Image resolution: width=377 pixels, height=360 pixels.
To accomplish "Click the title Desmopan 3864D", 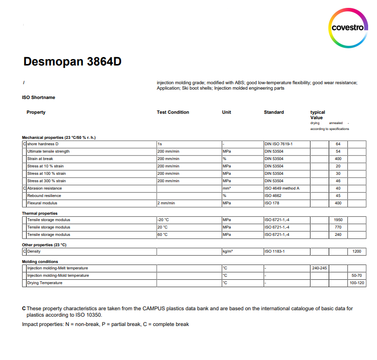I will pyautogui.click(x=72, y=62).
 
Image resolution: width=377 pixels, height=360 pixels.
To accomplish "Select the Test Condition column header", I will pyautogui.click(x=172, y=112).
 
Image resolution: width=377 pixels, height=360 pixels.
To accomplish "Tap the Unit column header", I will pyautogui.click(x=227, y=112).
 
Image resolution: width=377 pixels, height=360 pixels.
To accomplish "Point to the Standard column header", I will pyautogui.click(x=274, y=112).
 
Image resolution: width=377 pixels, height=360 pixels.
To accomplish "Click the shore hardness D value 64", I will pyautogui.click(x=338, y=144).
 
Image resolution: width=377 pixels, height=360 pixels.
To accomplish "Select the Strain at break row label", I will pyautogui.click(x=40, y=159).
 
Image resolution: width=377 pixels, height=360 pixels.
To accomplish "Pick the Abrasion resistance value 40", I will pyautogui.click(x=338, y=188).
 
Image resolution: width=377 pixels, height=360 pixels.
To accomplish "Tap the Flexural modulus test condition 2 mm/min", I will pyautogui.click(x=166, y=203).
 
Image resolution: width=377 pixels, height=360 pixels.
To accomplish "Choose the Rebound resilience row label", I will pyautogui.click(x=44, y=196).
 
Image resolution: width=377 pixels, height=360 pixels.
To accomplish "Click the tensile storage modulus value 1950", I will pyautogui.click(x=338, y=220).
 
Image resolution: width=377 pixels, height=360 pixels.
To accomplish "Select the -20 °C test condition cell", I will pyautogui.click(x=163, y=220).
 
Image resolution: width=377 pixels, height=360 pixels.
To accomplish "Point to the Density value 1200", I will pyautogui.click(x=357, y=251).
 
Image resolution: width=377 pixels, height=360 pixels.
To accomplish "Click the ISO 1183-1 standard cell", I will pyautogui.click(x=274, y=251).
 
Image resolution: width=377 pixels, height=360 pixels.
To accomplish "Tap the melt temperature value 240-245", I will pyautogui.click(x=319, y=268).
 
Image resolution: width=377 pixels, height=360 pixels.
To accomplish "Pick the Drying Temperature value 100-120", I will pyautogui.click(x=357, y=283).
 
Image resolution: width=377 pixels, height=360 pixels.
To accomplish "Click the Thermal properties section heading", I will pyautogui.click(x=40, y=213).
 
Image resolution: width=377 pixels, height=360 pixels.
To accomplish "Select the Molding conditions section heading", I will pyautogui.click(x=40, y=262).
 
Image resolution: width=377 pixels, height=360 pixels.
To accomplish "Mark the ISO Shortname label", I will pyautogui.click(x=38, y=98).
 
